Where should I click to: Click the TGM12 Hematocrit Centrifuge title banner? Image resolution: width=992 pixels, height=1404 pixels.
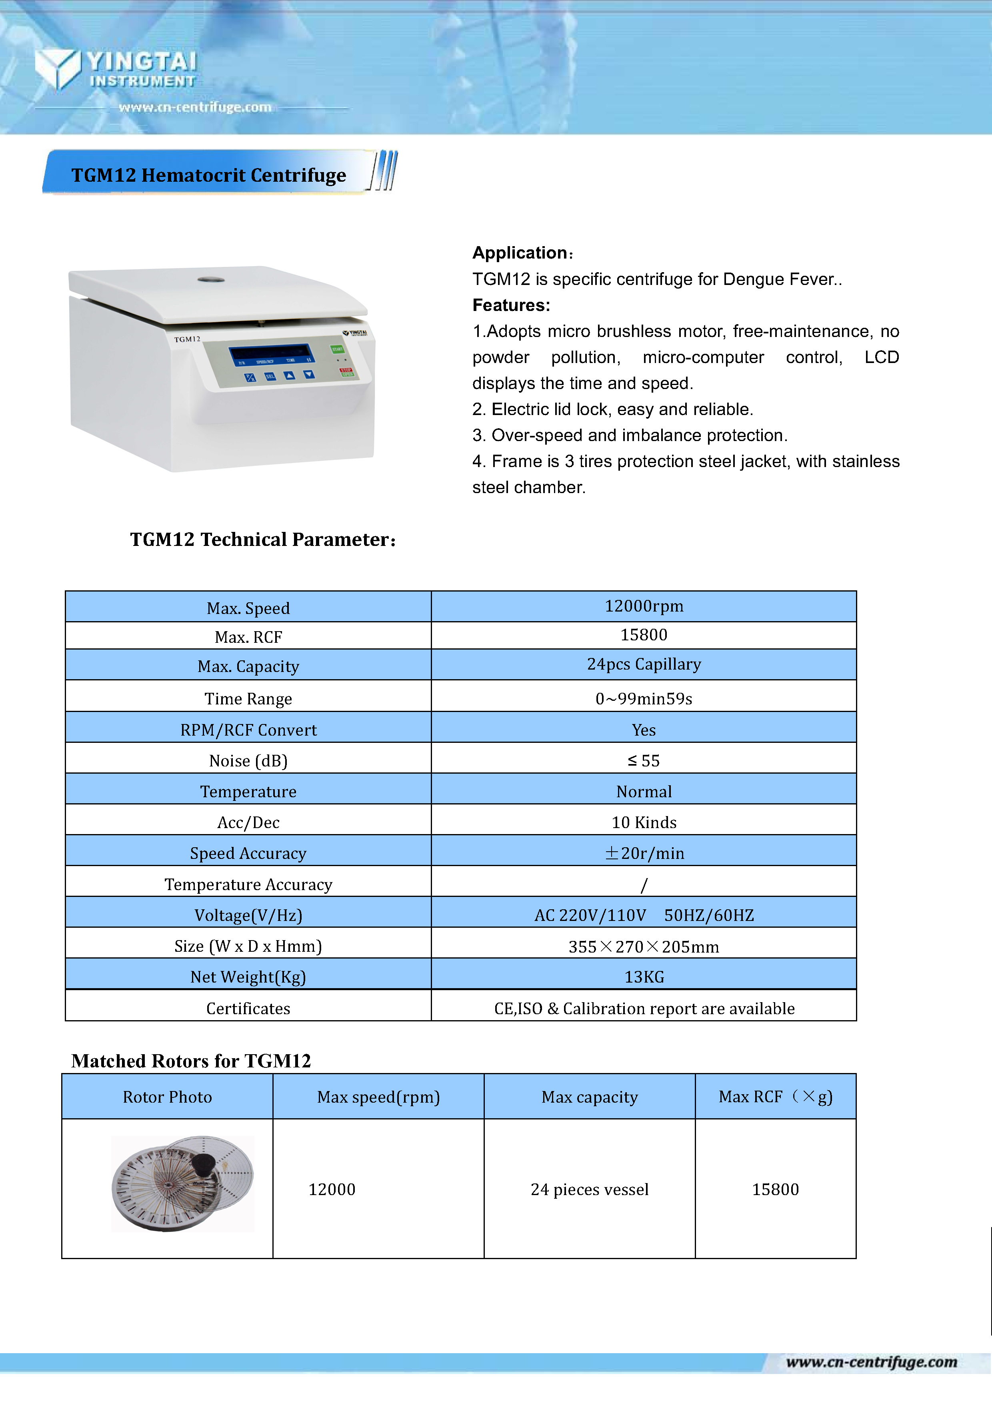point(208,175)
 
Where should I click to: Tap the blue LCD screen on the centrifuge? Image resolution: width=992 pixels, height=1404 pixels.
point(270,353)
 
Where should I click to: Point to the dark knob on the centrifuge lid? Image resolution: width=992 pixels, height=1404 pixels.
point(211,280)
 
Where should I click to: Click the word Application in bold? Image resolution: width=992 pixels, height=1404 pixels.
point(520,253)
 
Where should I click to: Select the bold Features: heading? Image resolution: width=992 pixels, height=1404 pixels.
point(511,305)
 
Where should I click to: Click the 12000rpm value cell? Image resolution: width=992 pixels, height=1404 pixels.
point(644,606)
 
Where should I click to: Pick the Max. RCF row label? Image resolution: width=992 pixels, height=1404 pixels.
point(248,637)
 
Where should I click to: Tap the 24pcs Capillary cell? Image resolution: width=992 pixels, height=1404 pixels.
point(644,664)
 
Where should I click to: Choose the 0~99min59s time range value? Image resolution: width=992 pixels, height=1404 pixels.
point(644,698)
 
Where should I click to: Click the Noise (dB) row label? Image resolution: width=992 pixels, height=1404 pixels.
point(248,760)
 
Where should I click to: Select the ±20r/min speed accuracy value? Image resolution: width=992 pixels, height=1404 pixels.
point(644,852)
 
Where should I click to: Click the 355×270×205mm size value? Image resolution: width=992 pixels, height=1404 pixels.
point(644,946)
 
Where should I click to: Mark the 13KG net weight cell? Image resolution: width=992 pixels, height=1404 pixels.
point(644,977)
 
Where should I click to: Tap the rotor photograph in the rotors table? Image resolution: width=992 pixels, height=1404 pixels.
point(182,1183)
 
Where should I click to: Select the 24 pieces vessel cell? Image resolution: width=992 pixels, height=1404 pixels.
point(589,1189)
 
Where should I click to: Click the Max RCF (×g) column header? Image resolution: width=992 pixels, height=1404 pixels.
point(775,1096)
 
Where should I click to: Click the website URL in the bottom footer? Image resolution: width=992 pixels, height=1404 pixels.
point(871,1361)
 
